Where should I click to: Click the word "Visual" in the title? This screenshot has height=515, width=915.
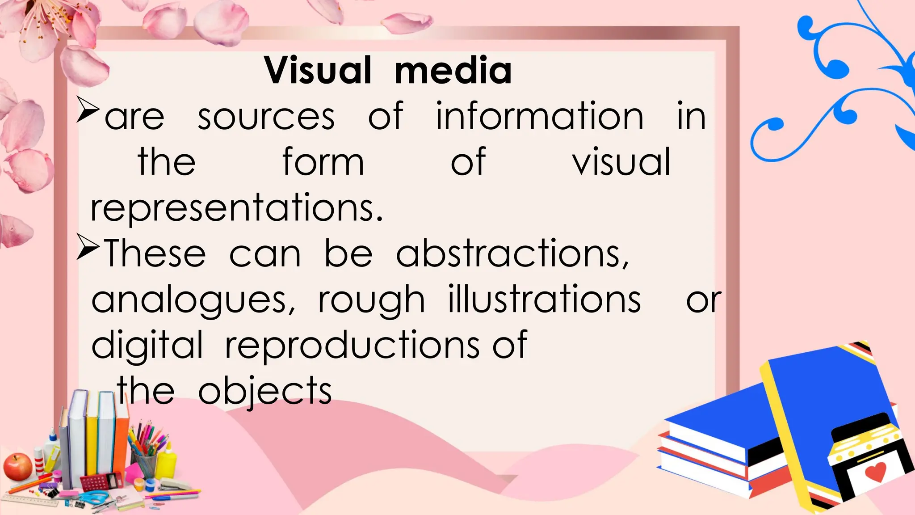(x=318, y=71)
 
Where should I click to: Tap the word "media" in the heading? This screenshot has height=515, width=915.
(x=453, y=71)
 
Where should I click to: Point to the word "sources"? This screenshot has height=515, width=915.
(x=266, y=117)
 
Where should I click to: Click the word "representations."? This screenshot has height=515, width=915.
(x=237, y=209)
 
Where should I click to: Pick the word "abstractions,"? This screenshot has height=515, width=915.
(x=512, y=253)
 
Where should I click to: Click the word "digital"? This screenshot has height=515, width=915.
(x=147, y=345)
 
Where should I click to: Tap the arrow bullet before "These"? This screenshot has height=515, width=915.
(x=87, y=247)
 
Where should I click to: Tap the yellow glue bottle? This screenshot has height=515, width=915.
(x=167, y=460)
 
